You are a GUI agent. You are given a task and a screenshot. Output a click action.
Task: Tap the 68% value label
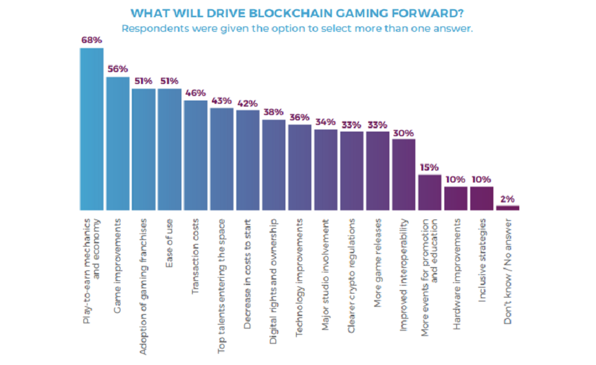[91, 40]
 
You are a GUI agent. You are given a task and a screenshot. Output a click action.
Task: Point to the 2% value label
[508, 198]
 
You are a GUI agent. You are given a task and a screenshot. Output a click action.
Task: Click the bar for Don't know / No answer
[508, 208]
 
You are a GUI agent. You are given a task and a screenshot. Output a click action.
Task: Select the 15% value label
[430, 167]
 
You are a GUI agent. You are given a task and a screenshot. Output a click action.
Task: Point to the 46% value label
[195, 93]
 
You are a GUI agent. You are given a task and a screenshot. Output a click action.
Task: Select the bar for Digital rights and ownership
[273, 165]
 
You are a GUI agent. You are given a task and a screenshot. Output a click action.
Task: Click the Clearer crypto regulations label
[352, 268]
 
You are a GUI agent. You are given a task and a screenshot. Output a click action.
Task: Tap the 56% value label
[117, 69]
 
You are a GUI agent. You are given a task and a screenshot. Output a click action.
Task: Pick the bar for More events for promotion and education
[430, 192]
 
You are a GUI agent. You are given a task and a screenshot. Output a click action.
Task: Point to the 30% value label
[404, 132]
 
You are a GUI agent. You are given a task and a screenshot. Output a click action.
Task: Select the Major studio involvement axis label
[326, 265]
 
